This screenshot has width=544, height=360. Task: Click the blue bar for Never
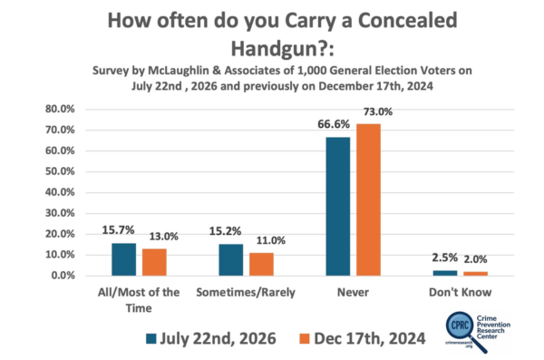(x=338, y=207)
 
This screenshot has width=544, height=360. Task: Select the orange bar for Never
(x=368, y=200)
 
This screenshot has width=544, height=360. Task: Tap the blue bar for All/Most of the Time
(x=124, y=259)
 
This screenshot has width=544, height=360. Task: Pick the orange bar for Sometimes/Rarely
(x=261, y=265)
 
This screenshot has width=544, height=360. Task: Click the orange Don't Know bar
(x=475, y=274)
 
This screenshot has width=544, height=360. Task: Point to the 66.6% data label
(x=334, y=124)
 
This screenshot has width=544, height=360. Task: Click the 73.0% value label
(x=378, y=112)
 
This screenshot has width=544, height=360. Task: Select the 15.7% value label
(x=118, y=229)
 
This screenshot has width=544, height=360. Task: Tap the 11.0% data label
(x=270, y=240)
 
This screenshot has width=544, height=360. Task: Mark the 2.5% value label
(x=445, y=258)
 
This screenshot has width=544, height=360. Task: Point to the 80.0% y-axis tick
(x=60, y=109)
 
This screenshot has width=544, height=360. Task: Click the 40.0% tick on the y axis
(x=60, y=192)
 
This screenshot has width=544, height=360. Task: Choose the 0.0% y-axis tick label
(x=63, y=276)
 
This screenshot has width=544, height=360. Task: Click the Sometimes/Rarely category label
(x=246, y=292)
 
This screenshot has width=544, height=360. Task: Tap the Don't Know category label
(x=460, y=292)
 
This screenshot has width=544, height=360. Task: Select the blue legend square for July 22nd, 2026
(x=151, y=339)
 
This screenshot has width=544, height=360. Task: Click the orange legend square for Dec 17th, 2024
(x=305, y=339)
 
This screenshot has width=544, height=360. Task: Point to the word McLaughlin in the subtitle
(x=179, y=71)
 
